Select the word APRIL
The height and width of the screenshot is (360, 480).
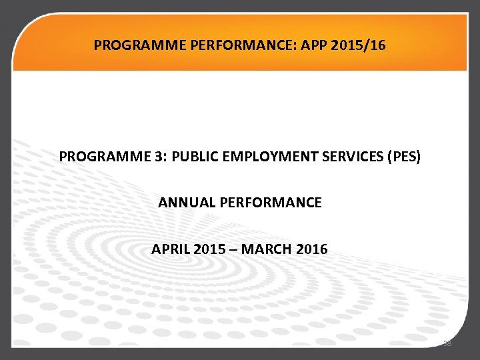[x=170, y=249]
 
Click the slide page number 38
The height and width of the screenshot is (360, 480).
[x=447, y=344]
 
